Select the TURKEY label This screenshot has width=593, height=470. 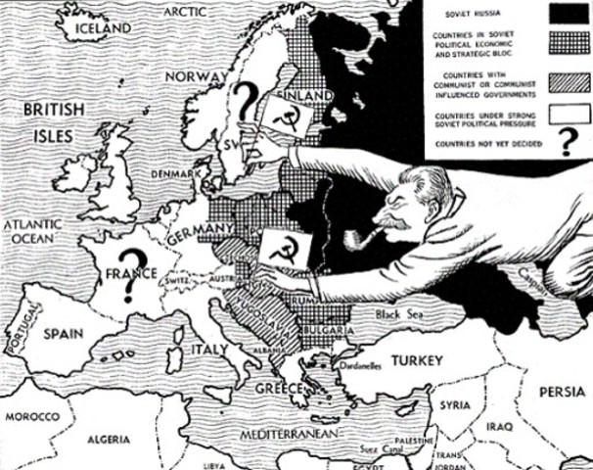coord(418,361)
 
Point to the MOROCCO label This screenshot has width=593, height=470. coord(31,416)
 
